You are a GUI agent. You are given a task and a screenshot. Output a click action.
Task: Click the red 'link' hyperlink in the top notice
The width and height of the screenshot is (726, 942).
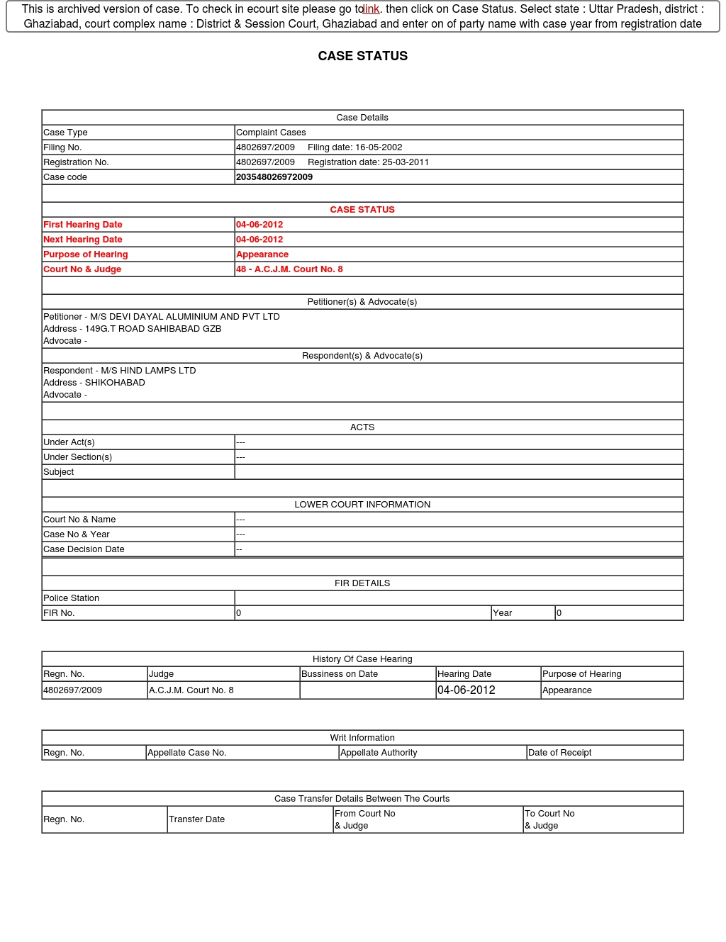(x=372, y=9)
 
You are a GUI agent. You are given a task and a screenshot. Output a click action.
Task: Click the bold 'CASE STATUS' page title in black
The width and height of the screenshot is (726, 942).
(x=362, y=56)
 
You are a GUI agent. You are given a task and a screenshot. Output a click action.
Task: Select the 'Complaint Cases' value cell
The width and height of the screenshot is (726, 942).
(x=271, y=133)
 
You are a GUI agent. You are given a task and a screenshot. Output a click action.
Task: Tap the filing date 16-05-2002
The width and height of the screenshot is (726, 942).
(x=354, y=147)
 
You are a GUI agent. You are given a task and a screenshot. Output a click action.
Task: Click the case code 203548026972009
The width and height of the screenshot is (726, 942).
(x=274, y=177)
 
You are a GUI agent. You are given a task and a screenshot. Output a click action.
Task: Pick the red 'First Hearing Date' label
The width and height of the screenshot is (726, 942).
(x=83, y=225)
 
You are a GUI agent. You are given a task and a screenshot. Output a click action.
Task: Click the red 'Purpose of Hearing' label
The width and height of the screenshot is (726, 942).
(x=86, y=254)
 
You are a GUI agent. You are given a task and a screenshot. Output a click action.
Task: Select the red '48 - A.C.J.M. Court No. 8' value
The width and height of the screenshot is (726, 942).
(x=289, y=269)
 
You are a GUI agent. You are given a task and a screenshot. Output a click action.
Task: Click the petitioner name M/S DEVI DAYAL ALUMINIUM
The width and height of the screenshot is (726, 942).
(x=184, y=317)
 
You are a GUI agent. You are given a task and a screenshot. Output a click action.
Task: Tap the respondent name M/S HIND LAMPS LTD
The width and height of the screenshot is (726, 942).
(x=148, y=371)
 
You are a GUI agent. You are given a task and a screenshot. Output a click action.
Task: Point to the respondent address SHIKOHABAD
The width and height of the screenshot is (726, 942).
(x=115, y=383)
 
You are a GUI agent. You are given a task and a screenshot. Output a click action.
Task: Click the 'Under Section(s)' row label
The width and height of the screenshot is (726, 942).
(x=78, y=457)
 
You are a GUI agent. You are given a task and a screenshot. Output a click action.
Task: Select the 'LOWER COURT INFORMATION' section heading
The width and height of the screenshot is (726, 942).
(x=362, y=505)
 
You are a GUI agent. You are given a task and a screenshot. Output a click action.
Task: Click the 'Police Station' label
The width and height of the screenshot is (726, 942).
(x=72, y=598)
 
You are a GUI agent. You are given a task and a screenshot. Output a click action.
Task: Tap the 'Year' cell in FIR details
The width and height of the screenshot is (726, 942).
(x=503, y=613)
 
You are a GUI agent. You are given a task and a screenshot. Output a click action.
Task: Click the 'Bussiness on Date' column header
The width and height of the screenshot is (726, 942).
(x=340, y=674)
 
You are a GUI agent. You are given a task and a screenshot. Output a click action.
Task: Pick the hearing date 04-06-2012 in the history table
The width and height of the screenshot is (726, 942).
(x=466, y=690)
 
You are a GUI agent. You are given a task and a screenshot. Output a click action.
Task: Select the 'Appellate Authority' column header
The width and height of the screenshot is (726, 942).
(x=379, y=753)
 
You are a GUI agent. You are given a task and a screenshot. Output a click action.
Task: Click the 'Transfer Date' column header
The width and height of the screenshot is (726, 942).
(x=196, y=819)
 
